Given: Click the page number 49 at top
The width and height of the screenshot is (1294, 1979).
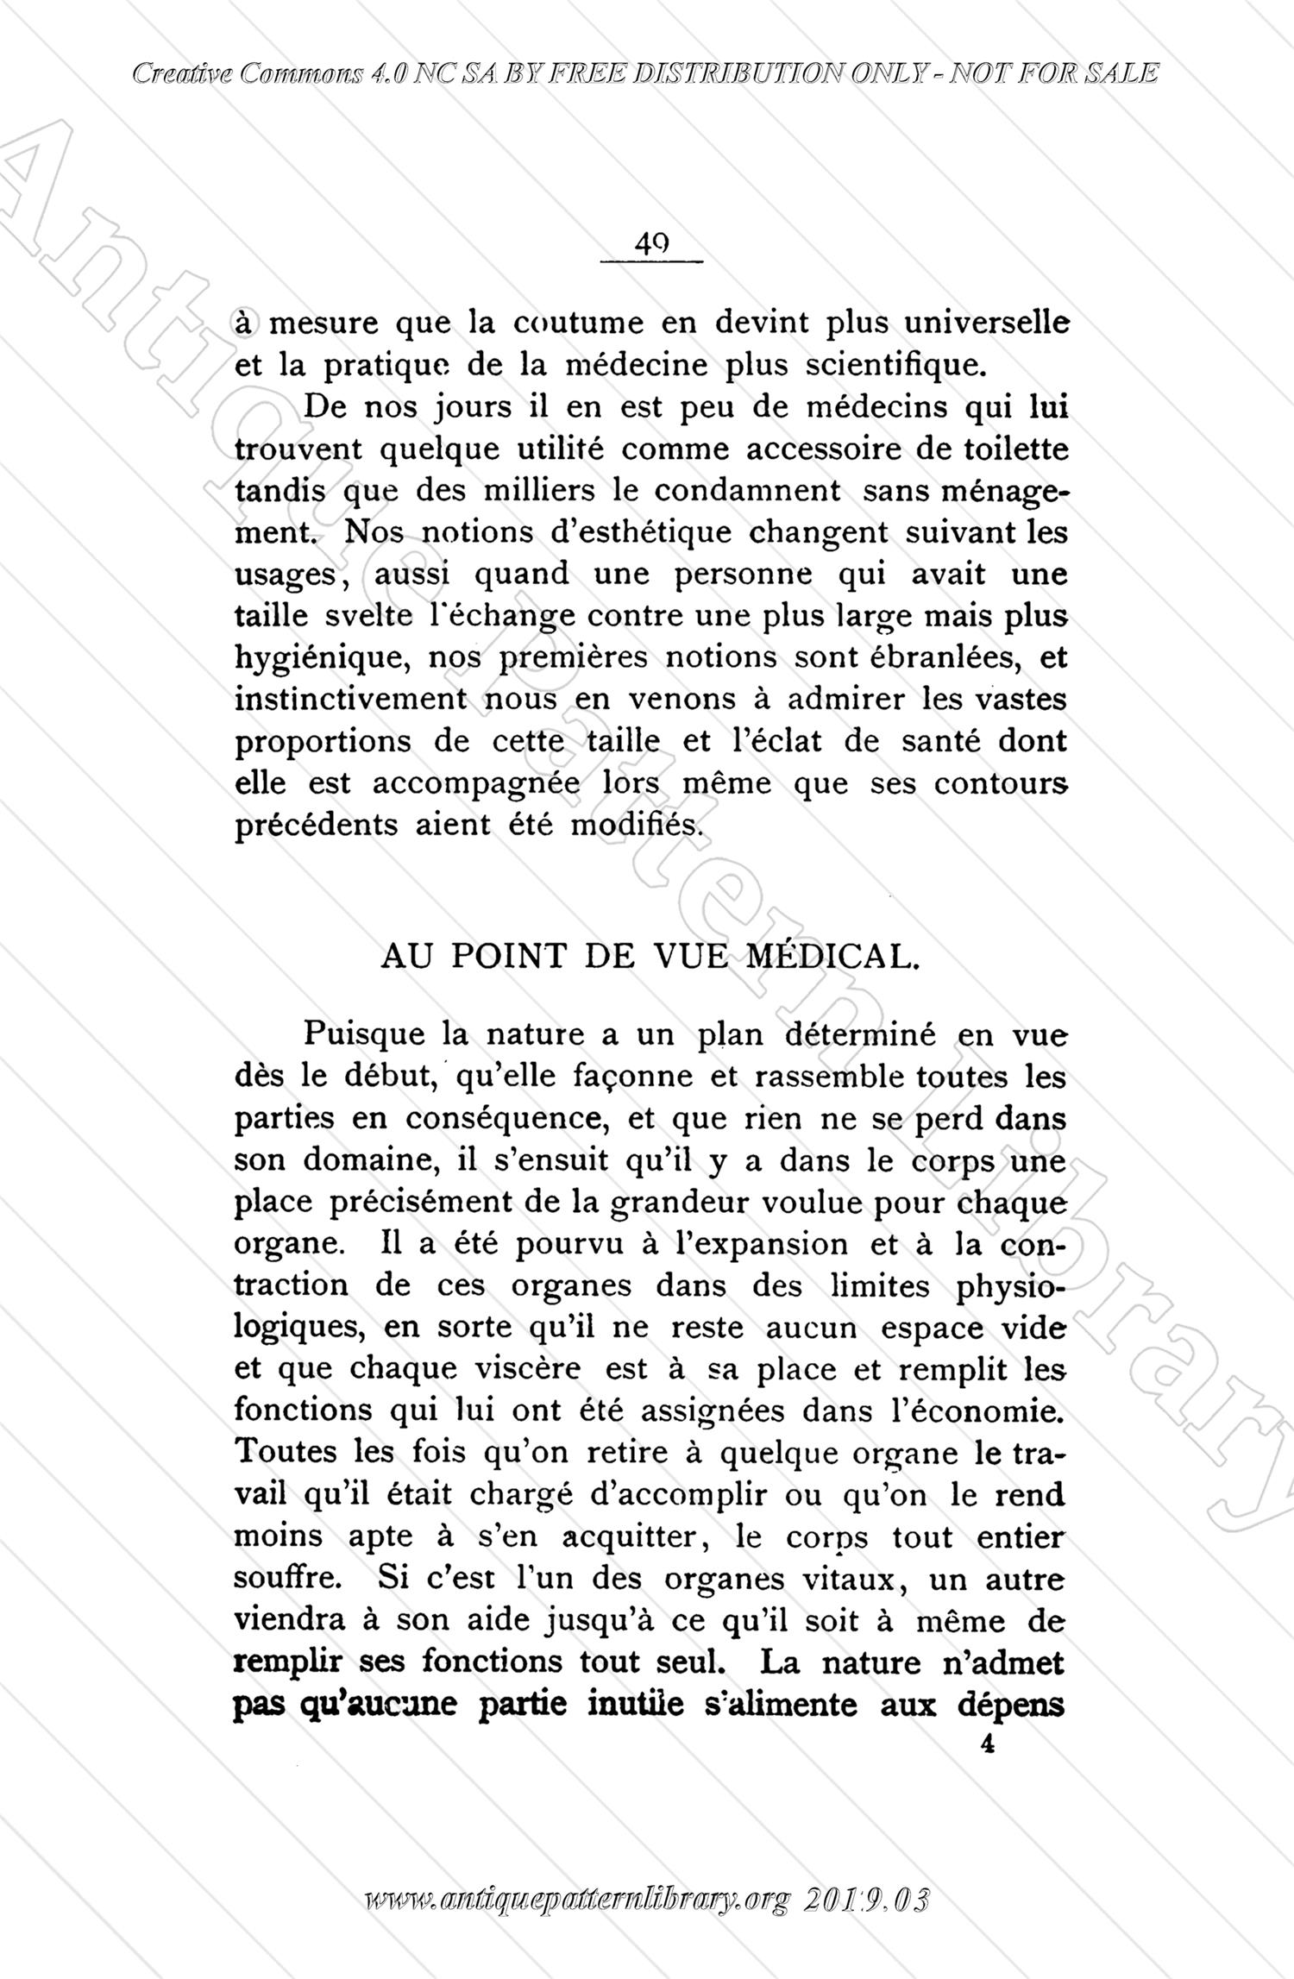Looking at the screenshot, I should pos(652,244).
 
